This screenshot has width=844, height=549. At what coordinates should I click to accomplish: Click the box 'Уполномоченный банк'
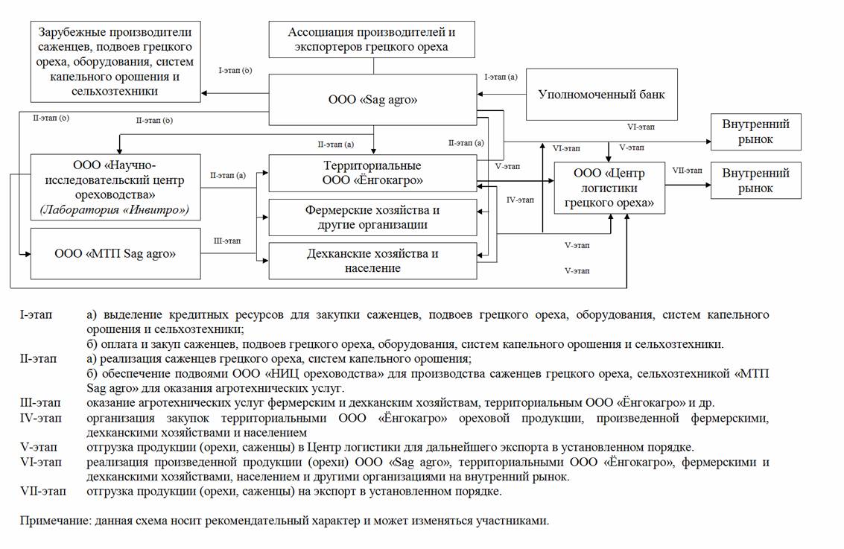click(x=602, y=95)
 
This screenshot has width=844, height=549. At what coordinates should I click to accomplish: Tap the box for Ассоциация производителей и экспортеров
click(x=372, y=39)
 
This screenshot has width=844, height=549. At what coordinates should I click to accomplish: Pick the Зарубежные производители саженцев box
click(x=115, y=62)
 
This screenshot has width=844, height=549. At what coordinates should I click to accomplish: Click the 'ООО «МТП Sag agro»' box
click(x=115, y=253)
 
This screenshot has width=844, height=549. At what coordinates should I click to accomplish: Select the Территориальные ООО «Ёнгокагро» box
click(x=372, y=173)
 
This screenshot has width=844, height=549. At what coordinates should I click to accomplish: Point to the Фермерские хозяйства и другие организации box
click(x=372, y=218)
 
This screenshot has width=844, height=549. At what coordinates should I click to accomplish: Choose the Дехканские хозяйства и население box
click(x=372, y=261)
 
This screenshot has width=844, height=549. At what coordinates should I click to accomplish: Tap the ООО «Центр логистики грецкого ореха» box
click(x=609, y=187)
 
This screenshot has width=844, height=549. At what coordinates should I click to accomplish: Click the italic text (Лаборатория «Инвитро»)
click(x=115, y=211)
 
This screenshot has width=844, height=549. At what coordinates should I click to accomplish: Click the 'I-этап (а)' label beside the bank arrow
click(x=501, y=76)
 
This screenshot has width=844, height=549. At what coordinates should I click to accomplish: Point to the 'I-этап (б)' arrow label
click(x=235, y=71)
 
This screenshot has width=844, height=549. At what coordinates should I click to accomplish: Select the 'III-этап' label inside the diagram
click(x=227, y=241)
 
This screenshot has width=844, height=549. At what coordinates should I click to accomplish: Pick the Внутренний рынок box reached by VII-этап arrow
click(x=756, y=180)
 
